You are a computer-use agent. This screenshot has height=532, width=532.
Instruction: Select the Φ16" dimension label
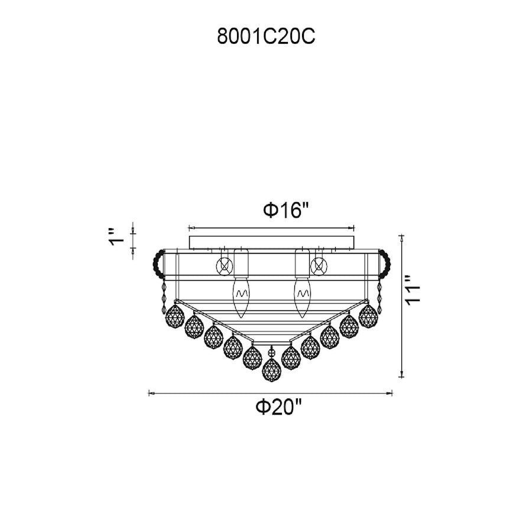(x=286, y=210)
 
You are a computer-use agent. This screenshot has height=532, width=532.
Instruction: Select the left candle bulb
(x=240, y=296)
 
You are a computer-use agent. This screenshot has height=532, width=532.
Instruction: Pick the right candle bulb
(x=303, y=296)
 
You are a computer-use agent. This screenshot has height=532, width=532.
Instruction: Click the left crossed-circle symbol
(x=224, y=266)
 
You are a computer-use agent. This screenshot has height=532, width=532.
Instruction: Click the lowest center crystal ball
(x=271, y=369)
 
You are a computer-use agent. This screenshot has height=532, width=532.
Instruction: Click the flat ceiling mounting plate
(x=271, y=242)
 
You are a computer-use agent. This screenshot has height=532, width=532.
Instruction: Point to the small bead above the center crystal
(x=271, y=352)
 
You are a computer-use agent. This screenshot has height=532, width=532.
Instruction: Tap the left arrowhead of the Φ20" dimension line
(x=150, y=391)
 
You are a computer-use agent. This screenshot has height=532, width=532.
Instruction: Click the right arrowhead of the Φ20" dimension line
(x=392, y=391)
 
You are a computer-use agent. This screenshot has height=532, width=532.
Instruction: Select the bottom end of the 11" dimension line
(x=403, y=375)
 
